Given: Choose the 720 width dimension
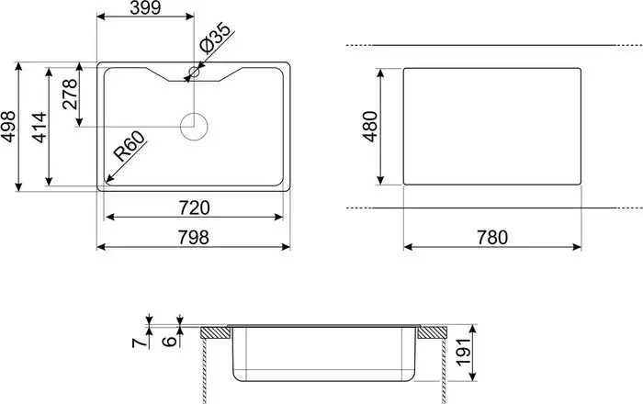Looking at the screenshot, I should [x=194, y=207].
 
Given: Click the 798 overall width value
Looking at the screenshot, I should [x=194, y=237].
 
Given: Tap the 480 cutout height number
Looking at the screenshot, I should [x=371, y=127].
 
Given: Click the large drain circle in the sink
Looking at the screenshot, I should [x=194, y=126].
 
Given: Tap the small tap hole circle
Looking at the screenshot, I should [x=194, y=72].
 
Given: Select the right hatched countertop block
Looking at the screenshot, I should [x=430, y=331].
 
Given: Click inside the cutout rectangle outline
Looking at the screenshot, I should [x=491, y=126].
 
